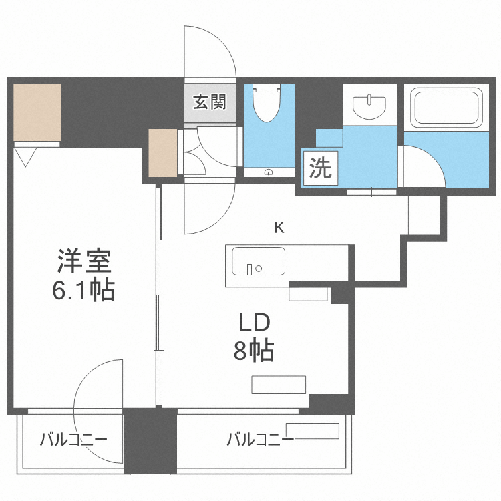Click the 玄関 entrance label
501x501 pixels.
pos(210,102)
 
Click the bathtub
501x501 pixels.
pos(446,108)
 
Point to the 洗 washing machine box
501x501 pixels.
pos(320,168)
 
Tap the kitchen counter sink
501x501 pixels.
pos(258,261)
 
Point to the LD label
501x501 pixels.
pos(255,323)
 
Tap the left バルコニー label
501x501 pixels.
pos(72,440)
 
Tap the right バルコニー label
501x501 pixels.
pos(259,440)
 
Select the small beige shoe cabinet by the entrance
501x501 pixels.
pos(163,152)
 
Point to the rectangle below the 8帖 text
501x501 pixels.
pos(279,385)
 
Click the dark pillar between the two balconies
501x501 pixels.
pos(151,441)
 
